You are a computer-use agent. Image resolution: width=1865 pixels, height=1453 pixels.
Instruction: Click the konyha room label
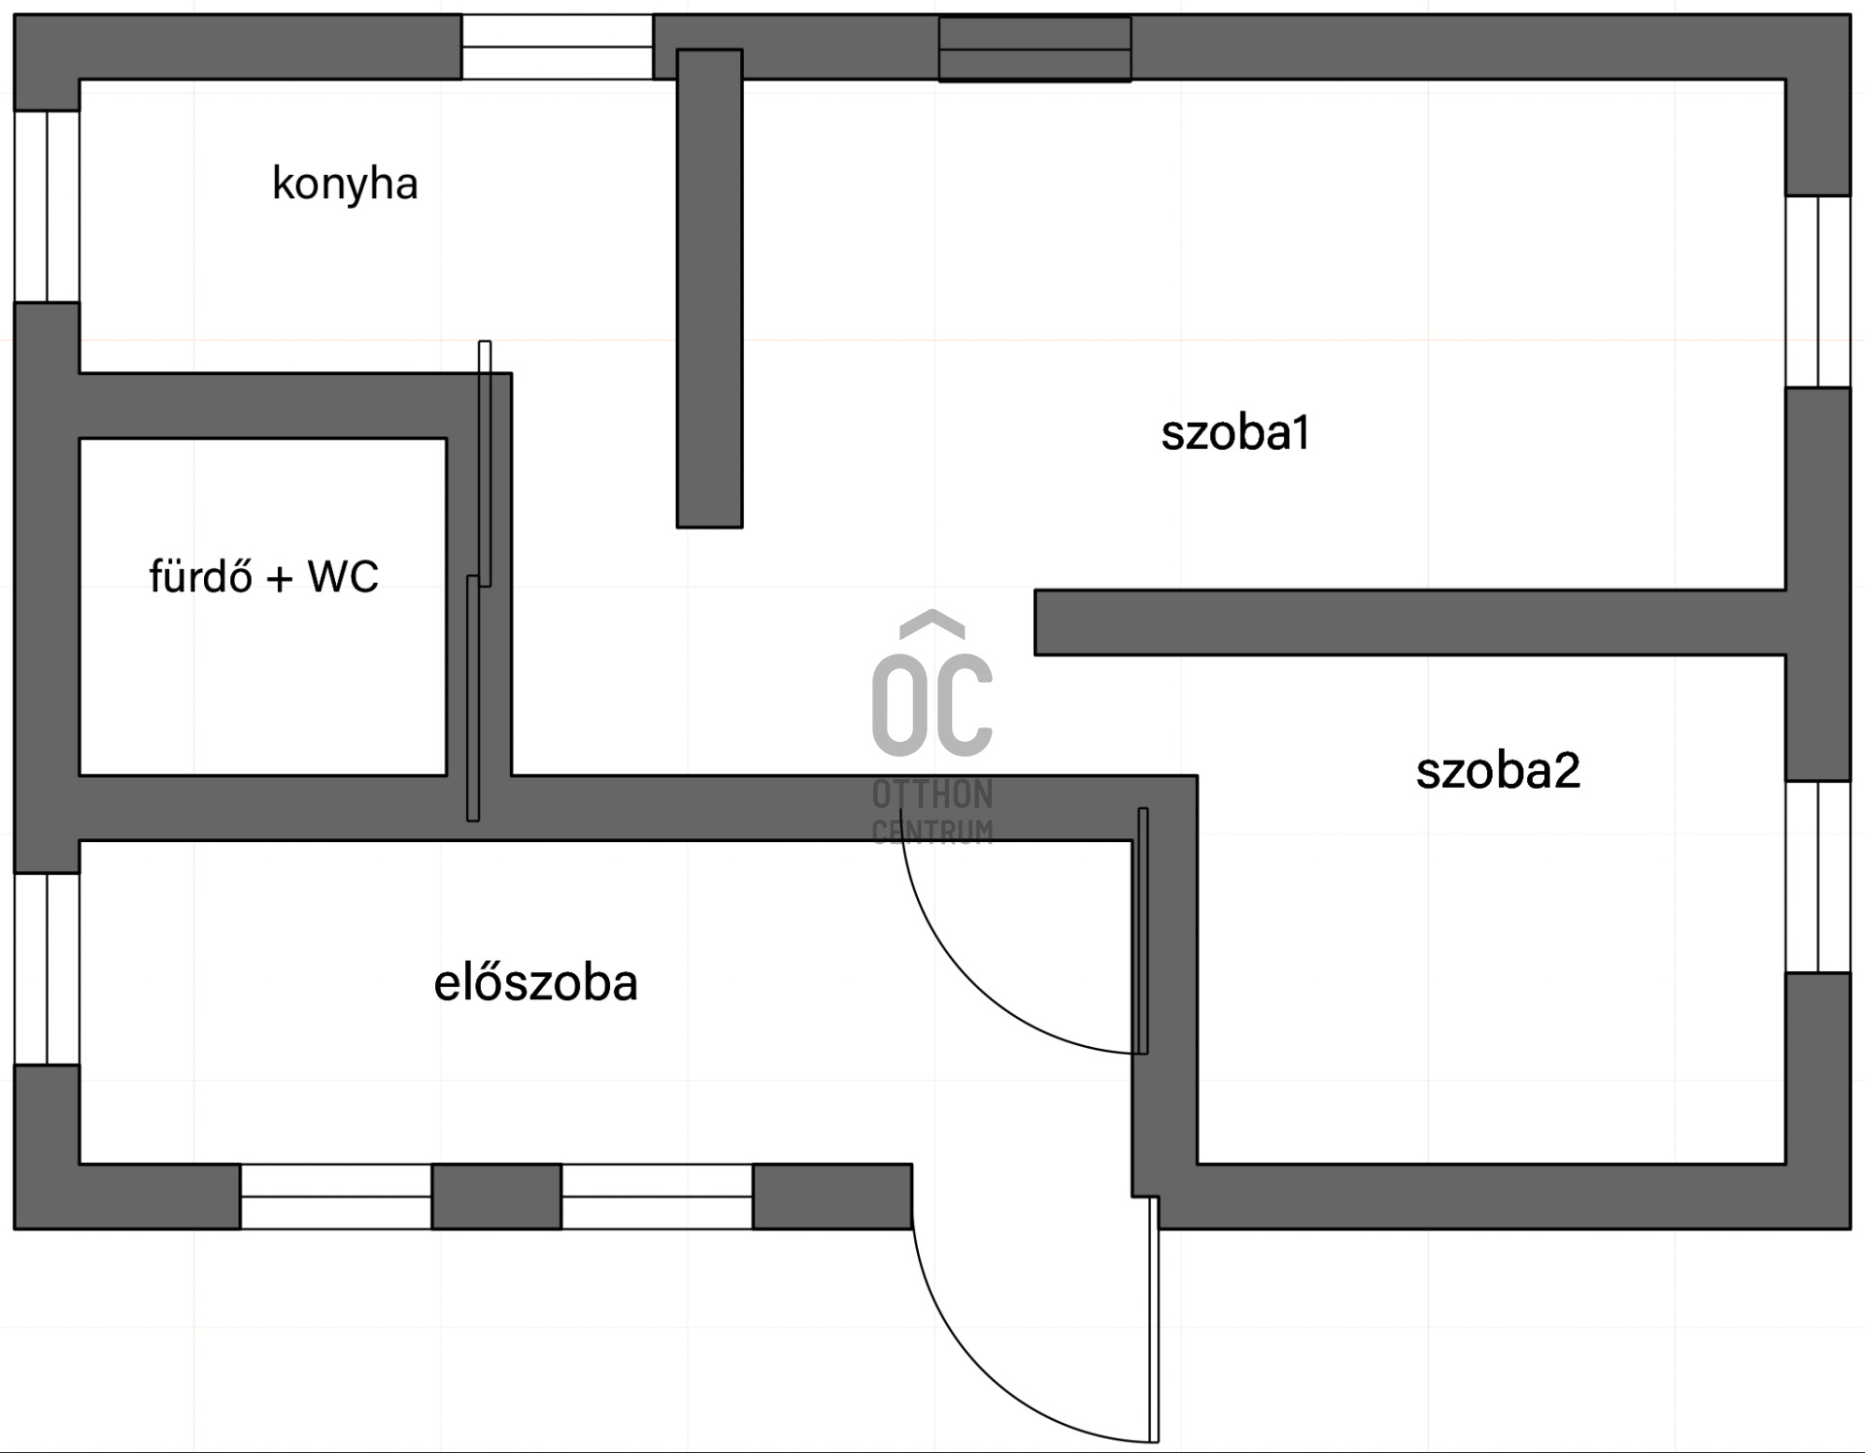[x=345, y=184]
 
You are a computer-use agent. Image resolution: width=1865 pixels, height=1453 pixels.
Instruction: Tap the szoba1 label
[x=1236, y=432]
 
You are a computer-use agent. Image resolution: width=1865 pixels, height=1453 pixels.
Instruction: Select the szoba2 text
[x=1498, y=770]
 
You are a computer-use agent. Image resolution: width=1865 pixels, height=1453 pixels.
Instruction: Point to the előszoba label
[x=535, y=983]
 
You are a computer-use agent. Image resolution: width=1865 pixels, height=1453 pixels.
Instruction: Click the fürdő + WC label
[x=263, y=576]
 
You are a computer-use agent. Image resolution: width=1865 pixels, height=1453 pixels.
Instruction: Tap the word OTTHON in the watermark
[x=932, y=794]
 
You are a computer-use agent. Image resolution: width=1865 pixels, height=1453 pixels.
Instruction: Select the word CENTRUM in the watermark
[x=932, y=831]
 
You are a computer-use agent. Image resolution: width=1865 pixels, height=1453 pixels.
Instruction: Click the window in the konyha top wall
[x=557, y=47]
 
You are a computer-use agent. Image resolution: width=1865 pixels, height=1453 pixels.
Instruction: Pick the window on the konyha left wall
[x=47, y=206]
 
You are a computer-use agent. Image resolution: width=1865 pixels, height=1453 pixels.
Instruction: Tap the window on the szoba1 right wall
[x=1818, y=291]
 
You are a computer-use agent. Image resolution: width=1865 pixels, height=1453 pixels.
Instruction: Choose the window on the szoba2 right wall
[x=1818, y=877]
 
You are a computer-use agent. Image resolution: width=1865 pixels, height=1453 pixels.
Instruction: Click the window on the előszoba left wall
[x=47, y=968]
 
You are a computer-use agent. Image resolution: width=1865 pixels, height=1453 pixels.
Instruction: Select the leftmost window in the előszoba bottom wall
[x=336, y=1197]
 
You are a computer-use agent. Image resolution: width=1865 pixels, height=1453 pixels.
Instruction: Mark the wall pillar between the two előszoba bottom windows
[x=496, y=1197]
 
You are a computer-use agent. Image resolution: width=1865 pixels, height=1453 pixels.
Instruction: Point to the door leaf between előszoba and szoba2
[x=1143, y=930]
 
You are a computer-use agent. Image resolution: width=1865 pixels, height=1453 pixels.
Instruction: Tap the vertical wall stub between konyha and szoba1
[x=710, y=289]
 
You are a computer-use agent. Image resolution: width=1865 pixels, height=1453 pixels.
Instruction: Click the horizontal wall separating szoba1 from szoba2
[x=1408, y=623]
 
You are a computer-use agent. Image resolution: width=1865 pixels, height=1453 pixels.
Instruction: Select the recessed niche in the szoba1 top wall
[x=1034, y=49]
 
